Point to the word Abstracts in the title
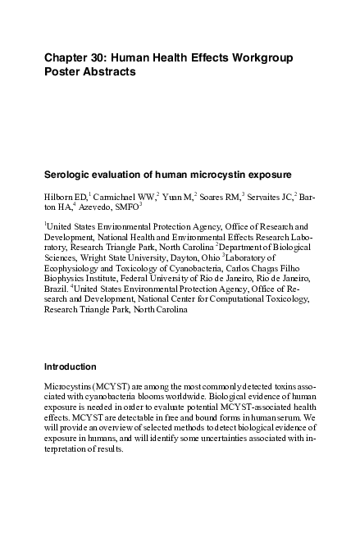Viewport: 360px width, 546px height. point(106,72)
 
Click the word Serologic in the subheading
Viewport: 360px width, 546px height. point(68,175)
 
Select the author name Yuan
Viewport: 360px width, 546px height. point(172,198)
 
